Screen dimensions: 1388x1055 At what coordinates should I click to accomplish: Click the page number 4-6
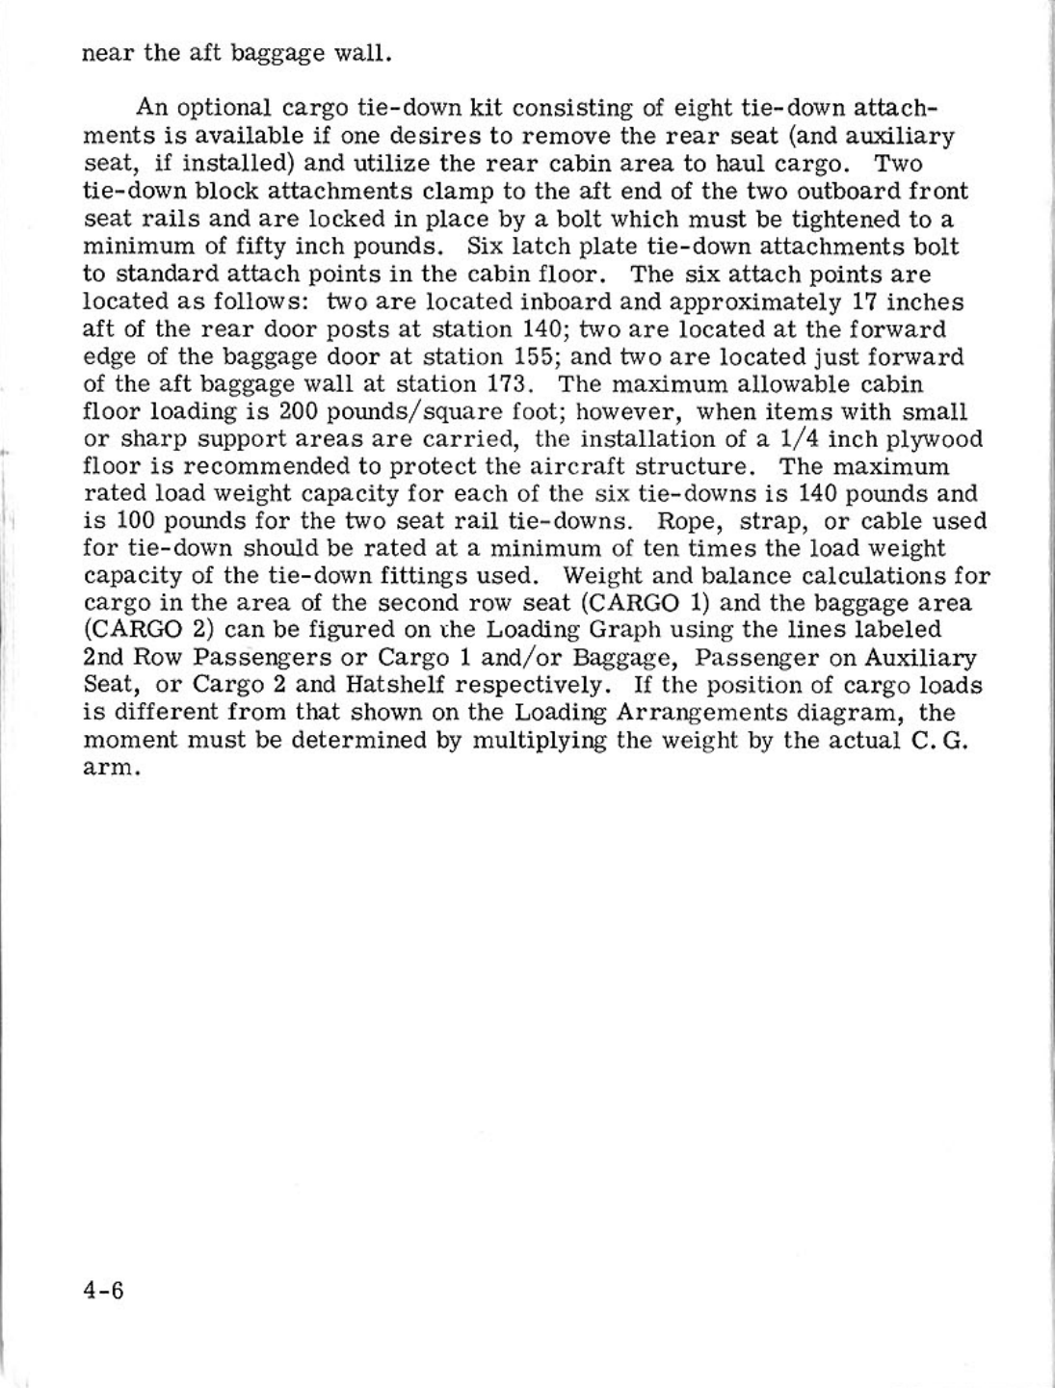(x=103, y=1290)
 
